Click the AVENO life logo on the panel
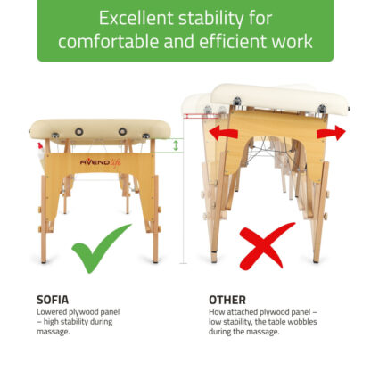[x=101, y=162]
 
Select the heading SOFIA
[x=53, y=300]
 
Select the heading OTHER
[x=227, y=300]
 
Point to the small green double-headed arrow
[x=176, y=145]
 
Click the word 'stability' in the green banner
[x=211, y=19]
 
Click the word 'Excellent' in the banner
[x=136, y=18]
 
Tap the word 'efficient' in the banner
[x=233, y=41]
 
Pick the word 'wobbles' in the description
[x=303, y=322]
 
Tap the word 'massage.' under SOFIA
[x=54, y=332]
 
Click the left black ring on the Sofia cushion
[x=78, y=131]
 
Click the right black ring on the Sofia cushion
[x=122, y=131]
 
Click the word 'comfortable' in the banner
[x=109, y=41]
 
